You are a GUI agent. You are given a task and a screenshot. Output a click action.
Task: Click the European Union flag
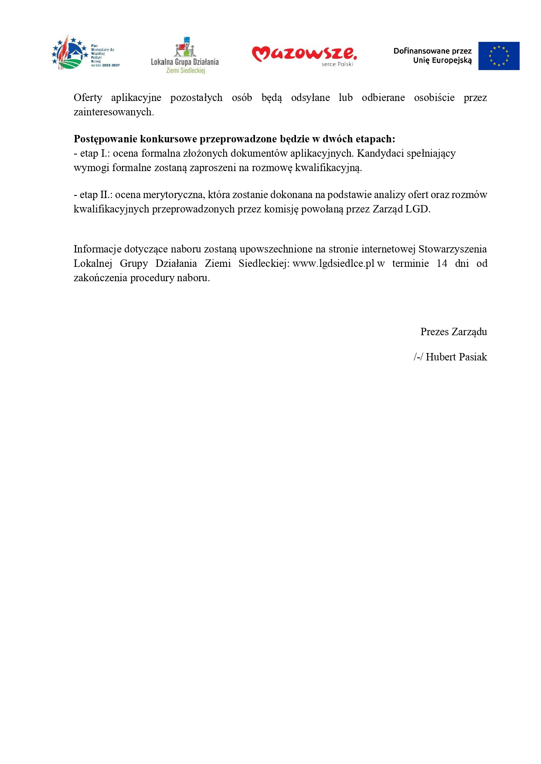[x=498, y=56]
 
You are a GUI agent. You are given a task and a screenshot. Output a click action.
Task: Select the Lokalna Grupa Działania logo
[x=184, y=55]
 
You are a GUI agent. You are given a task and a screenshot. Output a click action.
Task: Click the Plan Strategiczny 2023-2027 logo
[x=85, y=53]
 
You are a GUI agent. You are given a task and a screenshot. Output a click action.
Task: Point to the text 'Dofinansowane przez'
[x=432, y=51]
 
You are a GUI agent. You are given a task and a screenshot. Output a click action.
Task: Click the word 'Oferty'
[x=88, y=98]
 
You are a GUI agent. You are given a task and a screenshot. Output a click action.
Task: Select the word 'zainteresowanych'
[x=112, y=112]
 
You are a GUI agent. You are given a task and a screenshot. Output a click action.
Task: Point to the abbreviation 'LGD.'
[x=418, y=209]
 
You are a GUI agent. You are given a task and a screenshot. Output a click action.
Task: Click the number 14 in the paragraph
[x=442, y=263]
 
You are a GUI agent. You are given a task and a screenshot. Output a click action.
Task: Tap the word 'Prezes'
[x=434, y=332]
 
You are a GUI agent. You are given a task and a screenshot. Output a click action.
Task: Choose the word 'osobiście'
[x=434, y=98]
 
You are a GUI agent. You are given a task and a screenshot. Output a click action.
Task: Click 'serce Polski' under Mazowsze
[x=337, y=64]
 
